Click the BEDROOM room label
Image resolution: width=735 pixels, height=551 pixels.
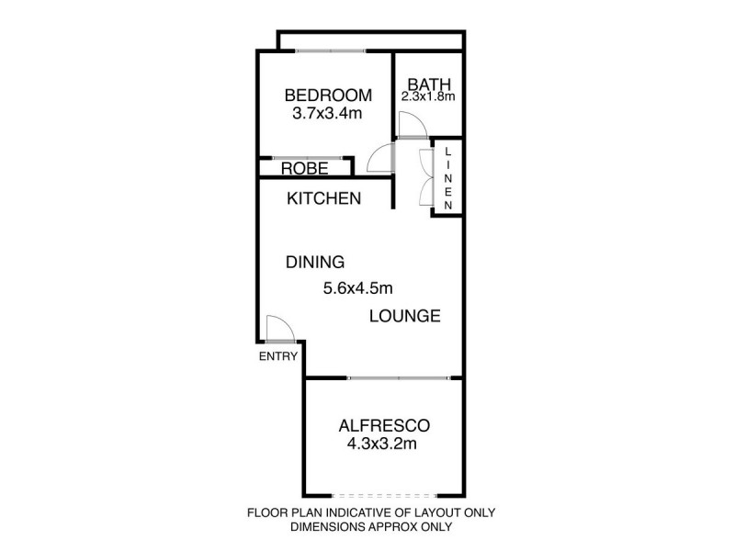(328, 95)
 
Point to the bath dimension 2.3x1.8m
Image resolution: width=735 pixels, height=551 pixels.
(428, 96)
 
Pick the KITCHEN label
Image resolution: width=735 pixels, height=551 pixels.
(323, 198)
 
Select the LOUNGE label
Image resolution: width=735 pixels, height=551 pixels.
(405, 317)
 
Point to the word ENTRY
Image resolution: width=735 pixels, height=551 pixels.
(278, 357)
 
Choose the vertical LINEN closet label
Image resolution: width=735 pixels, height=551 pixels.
(448, 178)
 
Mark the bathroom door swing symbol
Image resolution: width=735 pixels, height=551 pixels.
(410, 127)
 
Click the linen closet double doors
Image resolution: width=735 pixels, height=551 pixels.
(424, 178)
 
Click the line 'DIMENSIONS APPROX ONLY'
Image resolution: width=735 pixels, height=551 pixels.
(371, 527)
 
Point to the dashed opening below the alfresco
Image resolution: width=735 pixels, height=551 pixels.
(380, 495)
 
